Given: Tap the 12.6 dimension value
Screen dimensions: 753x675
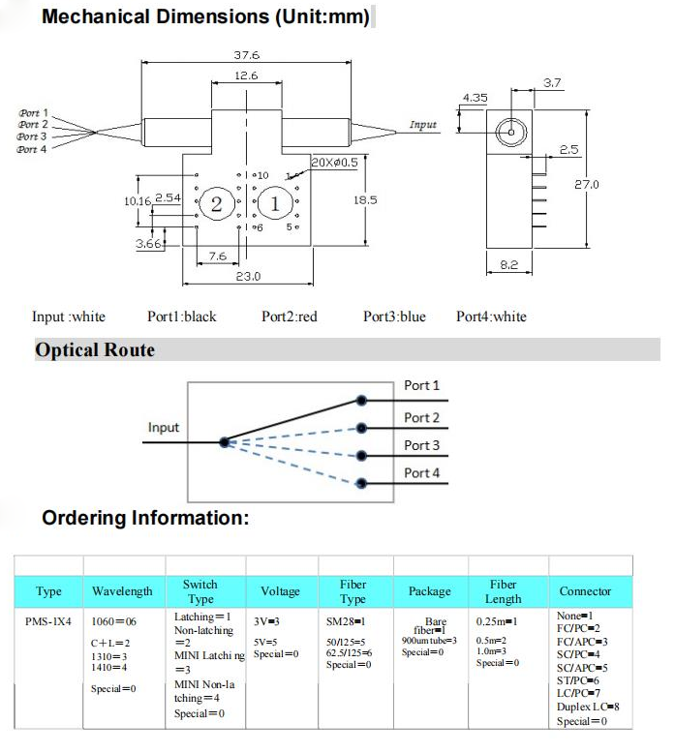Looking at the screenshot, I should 245,75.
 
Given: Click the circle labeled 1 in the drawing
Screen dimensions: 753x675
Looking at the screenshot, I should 275,203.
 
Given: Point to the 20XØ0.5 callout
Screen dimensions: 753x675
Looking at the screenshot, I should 334,162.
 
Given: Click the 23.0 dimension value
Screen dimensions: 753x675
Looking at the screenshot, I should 249,277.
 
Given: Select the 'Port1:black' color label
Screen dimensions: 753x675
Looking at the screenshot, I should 182,316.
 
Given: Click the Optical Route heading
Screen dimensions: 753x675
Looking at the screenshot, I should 95,350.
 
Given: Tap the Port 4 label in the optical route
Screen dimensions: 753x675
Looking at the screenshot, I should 421,473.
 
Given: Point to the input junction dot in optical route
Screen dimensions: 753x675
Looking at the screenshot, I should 224,441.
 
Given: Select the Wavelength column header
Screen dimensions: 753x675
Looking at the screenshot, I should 122,591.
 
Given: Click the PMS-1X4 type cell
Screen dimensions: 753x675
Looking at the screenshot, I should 48,621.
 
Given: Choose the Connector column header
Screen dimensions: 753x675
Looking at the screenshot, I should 585,591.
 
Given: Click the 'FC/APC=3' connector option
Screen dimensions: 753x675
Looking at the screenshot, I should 583,642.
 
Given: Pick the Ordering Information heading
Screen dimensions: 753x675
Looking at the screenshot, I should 145,519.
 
